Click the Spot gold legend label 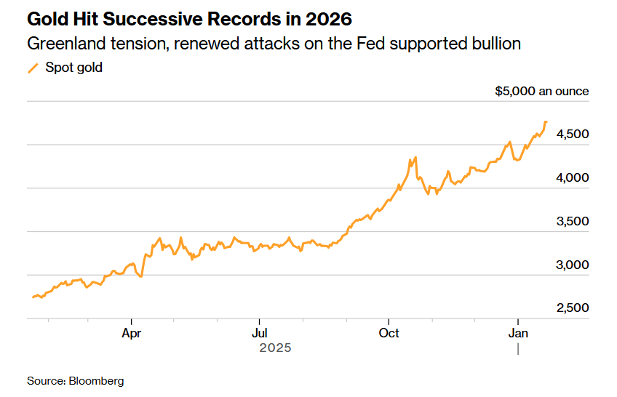click(x=73, y=68)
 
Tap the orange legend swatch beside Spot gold click(x=33, y=68)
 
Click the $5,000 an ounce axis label click(x=541, y=92)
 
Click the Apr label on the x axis click(x=131, y=333)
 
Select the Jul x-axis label click(x=259, y=333)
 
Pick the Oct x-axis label click(x=389, y=333)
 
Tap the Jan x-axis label click(x=517, y=333)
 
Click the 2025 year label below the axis click(x=275, y=348)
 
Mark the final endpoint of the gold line click(x=546, y=121)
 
